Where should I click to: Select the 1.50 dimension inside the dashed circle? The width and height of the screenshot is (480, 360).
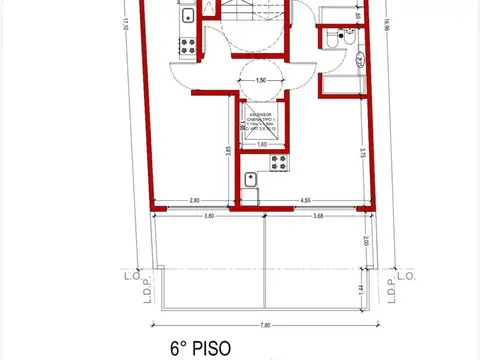[x=262, y=80]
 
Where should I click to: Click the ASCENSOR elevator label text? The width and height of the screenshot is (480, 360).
[x=262, y=116]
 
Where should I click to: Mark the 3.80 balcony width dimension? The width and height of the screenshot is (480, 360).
[x=207, y=217]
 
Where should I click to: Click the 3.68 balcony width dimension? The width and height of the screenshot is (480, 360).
[x=318, y=217]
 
